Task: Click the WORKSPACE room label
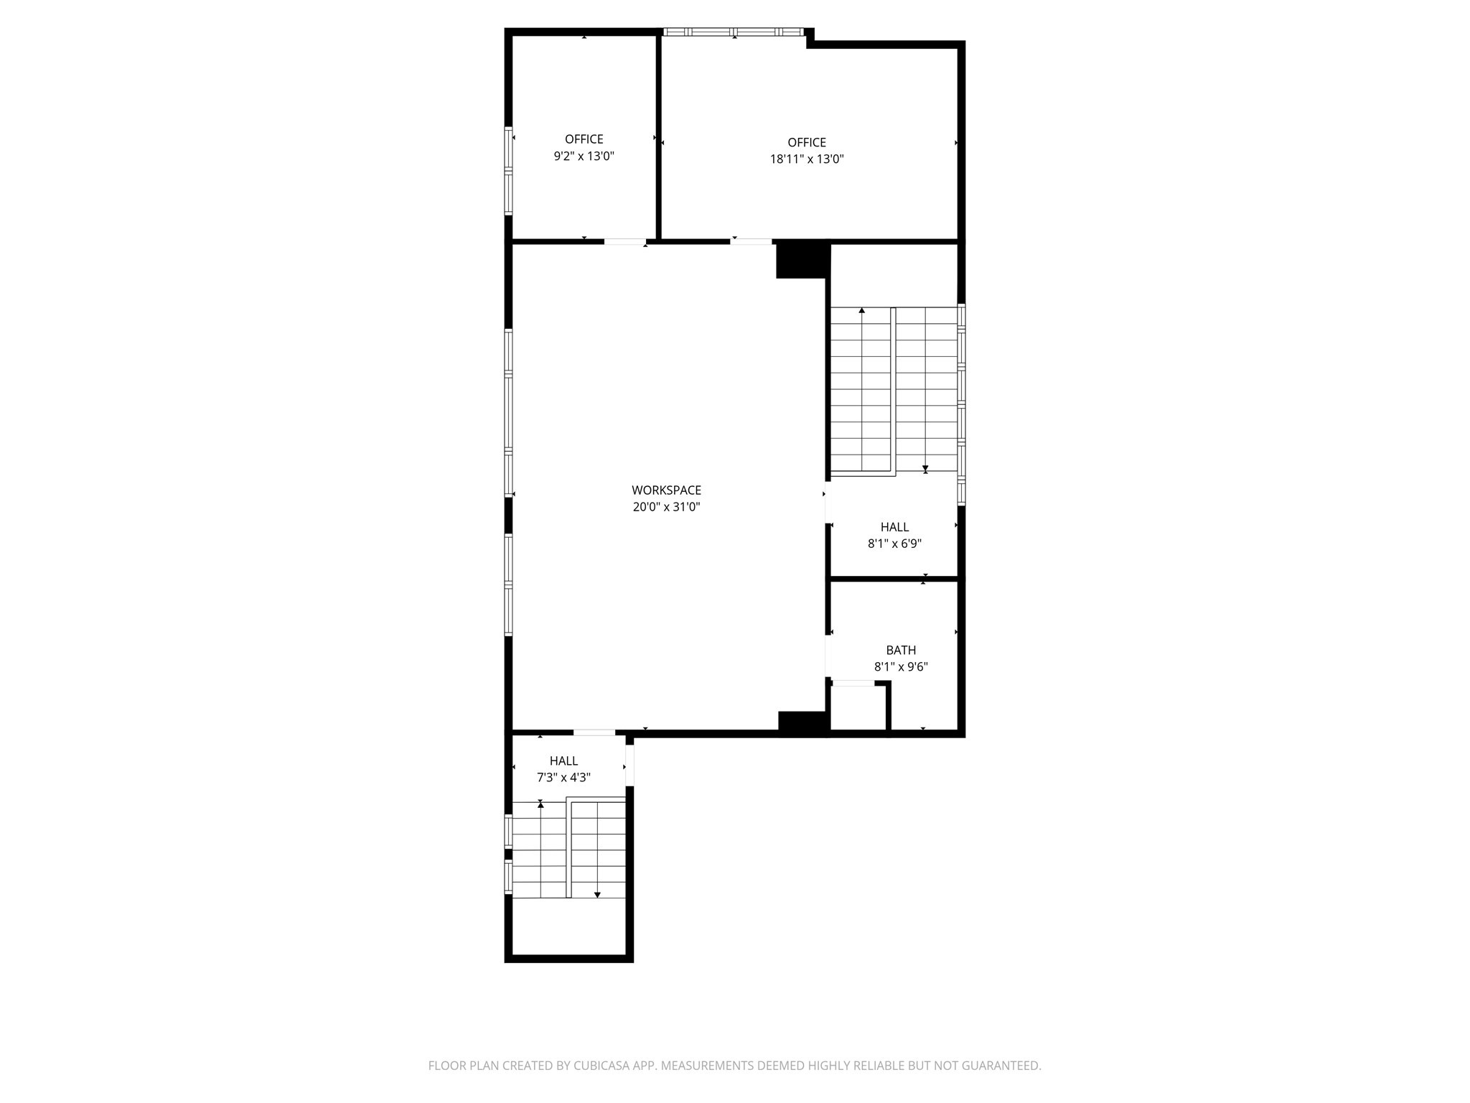pyautogui.click(x=666, y=490)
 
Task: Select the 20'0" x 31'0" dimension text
pyautogui.click(x=666, y=507)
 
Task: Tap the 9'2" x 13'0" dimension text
pyautogui.click(x=584, y=156)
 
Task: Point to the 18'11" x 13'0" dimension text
pyautogui.click(x=807, y=159)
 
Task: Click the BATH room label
pyautogui.click(x=901, y=650)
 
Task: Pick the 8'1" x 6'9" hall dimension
pyautogui.click(x=894, y=544)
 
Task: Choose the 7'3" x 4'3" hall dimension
pyautogui.click(x=563, y=778)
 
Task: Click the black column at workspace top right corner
pyautogui.click(x=802, y=259)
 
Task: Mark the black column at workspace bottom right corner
pyautogui.click(x=803, y=723)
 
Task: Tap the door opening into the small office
pyautogui.click(x=624, y=241)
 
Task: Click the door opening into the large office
pyautogui.click(x=751, y=241)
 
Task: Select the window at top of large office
pyautogui.click(x=733, y=32)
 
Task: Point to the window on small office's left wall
pyautogui.click(x=508, y=171)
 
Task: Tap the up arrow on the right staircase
pyautogui.click(x=861, y=311)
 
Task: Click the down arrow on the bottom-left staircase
pyautogui.click(x=597, y=894)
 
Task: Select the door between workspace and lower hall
pyautogui.click(x=594, y=732)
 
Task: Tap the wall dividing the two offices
pyautogui.click(x=657, y=136)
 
